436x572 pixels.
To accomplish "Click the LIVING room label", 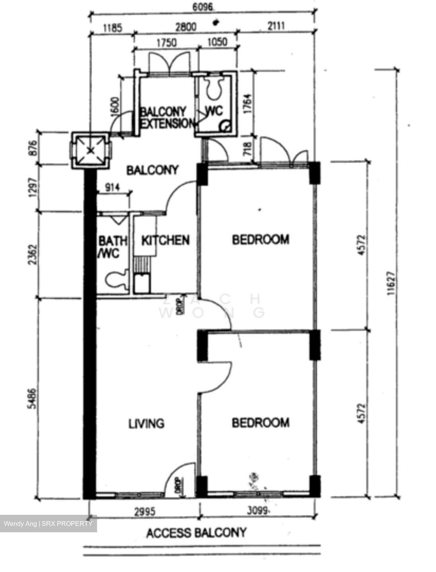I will pyautogui.click(x=146, y=423).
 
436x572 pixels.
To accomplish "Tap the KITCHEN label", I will pyautogui.click(x=165, y=240).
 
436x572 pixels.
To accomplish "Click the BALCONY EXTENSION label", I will pyautogui.click(x=166, y=118).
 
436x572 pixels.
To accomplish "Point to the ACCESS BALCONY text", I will pyautogui.click(x=197, y=533).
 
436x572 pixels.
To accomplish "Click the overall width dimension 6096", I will pyautogui.click(x=203, y=7).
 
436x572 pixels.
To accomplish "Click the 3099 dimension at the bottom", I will pyautogui.click(x=255, y=511).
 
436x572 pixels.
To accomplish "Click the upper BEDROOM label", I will pyautogui.click(x=261, y=240).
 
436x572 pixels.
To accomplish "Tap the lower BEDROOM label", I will pyautogui.click(x=261, y=423).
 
